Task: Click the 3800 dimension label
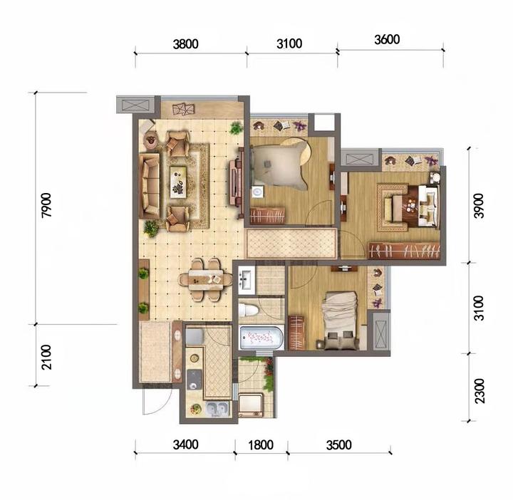pyautogui.click(x=185, y=44)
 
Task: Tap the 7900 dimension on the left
pyautogui.click(x=46, y=205)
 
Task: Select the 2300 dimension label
pyautogui.click(x=479, y=391)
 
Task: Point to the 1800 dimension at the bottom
pyautogui.click(x=261, y=444)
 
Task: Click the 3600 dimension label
pyautogui.click(x=387, y=40)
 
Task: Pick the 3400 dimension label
pyautogui.click(x=185, y=444)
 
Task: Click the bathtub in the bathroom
pyautogui.click(x=261, y=338)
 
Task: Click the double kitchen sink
pyautogui.click(x=217, y=408)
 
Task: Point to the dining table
pyautogui.click(x=205, y=279)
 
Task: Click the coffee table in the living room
pyautogui.click(x=178, y=182)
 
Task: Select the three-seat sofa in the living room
pyautogui.click(x=150, y=186)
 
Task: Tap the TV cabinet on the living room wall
pyautogui.click(x=237, y=182)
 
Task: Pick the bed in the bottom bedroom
pyautogui.click(x=339, y=320)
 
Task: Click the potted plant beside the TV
pyautogui.click(x=236, y=128)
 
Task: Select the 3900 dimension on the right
pyautogui.click(x=479, y=205)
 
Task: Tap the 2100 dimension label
pyautogui.click(x=46, y=357)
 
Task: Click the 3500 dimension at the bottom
pyautogui.click(x=339, y=444)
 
